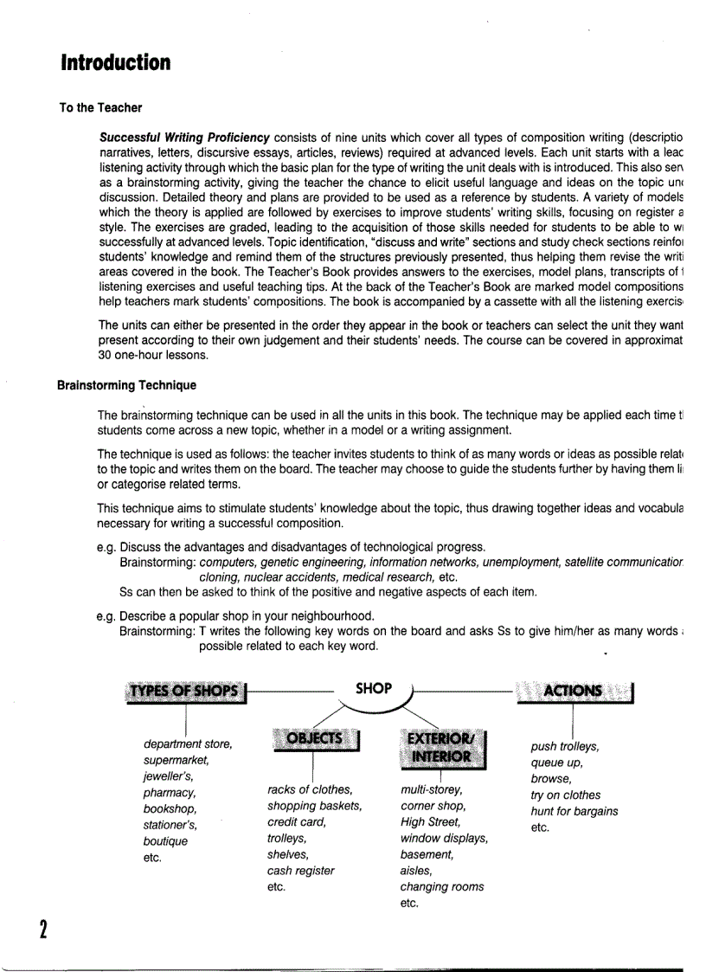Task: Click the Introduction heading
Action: (115, 63)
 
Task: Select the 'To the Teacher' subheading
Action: (100, 108)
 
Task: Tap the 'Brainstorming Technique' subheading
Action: (126, 385)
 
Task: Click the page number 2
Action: (42, 929)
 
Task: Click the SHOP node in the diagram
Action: (374, 689)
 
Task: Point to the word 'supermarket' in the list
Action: (176, 760)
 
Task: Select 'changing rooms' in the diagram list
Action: (441, 886)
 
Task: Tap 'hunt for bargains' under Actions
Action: (574, 811)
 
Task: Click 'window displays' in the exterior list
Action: (444, 838)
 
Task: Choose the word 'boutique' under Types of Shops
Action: (165, 840)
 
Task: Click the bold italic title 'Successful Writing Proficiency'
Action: (184, 138)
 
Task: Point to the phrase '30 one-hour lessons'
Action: (153, 355)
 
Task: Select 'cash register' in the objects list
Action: (300, 871)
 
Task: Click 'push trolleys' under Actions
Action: (564, 746)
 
